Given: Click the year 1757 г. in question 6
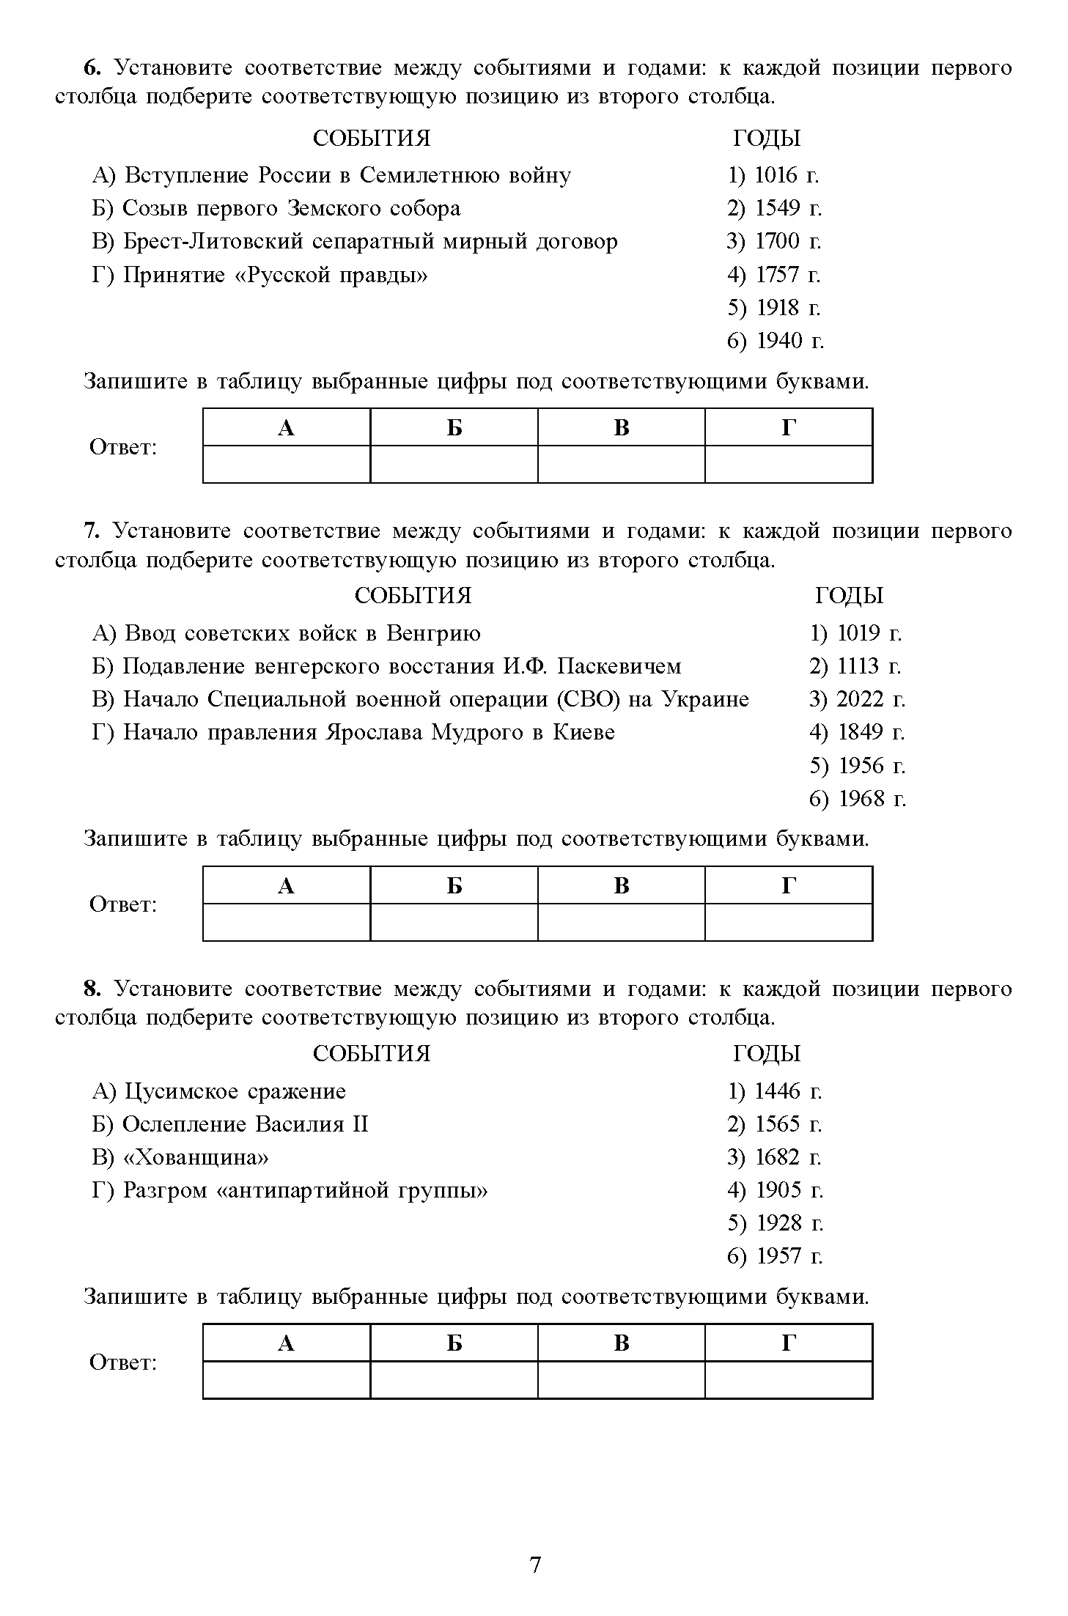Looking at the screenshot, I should coord(774,275).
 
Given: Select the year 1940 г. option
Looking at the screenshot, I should coord(776,341).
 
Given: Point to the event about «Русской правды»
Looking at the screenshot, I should coord(260,275).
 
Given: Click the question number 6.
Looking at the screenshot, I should coord(91,68).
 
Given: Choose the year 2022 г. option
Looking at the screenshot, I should coord(857,699).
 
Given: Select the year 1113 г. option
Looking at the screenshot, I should coord(855,666).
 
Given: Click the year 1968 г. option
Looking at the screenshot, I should coord(858,799).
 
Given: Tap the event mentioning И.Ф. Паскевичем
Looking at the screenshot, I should coord(387,666).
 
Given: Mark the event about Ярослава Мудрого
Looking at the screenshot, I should coord(353,732).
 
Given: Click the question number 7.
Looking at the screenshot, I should coord(91,531).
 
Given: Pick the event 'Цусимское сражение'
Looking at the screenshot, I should coord(219,1091).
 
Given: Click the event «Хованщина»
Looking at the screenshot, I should coord(181,1157).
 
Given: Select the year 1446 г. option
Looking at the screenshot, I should coord(775,1091).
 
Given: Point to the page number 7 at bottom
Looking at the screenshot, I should coord(534,1565).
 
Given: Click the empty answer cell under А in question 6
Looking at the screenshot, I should coord(287,465).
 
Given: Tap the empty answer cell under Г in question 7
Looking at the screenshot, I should coord(789,922).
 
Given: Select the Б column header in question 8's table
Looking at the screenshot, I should coord(454,1343).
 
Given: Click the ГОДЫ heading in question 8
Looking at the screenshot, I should coord(767,1054).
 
